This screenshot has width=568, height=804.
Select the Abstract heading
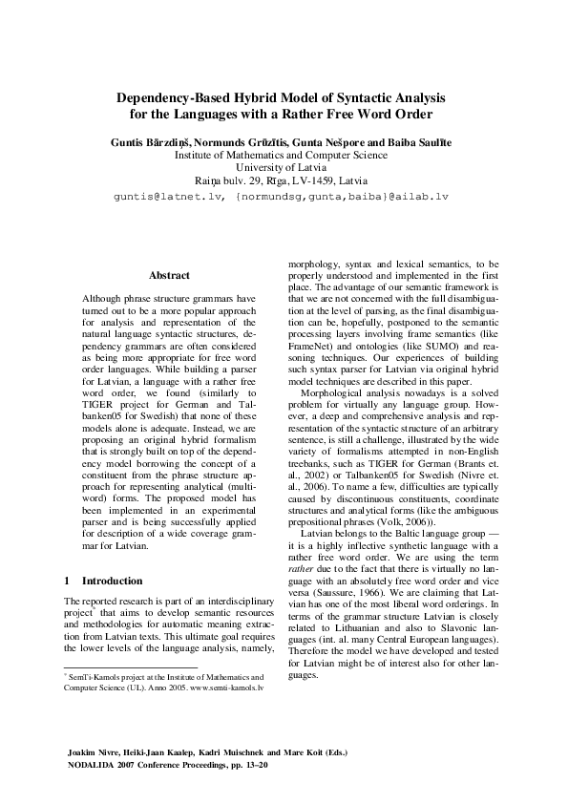tap(169, 275)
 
